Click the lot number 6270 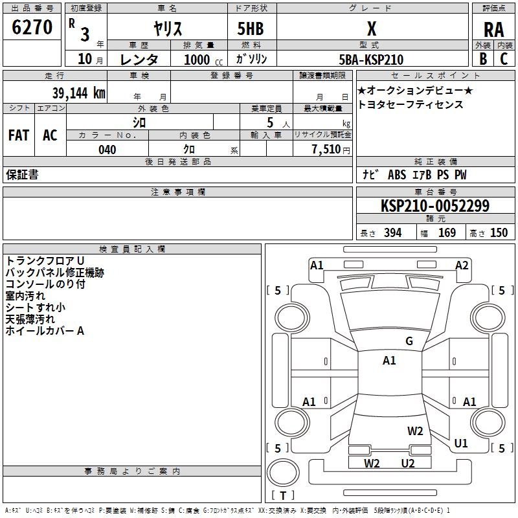click(32, 28)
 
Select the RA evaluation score click(493, 29)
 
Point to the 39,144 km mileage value click(79, 93)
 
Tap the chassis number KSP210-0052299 click(434, 206)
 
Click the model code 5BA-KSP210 click(371, 60)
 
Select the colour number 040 click(107, 150)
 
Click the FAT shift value click(18, 135)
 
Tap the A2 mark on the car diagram click(462, 265)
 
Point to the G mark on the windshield click(409, 341)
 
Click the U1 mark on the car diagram click(461, 444)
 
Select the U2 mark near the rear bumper click(407, 463)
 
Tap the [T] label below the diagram click(282, 496)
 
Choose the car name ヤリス click(167, 28)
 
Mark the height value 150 click(499, 233)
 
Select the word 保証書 click(22, 175)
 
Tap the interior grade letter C click(504, 58)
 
